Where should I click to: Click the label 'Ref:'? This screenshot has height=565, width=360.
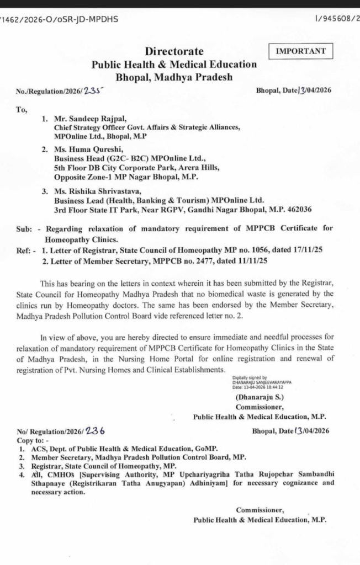(x=25, y=250)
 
